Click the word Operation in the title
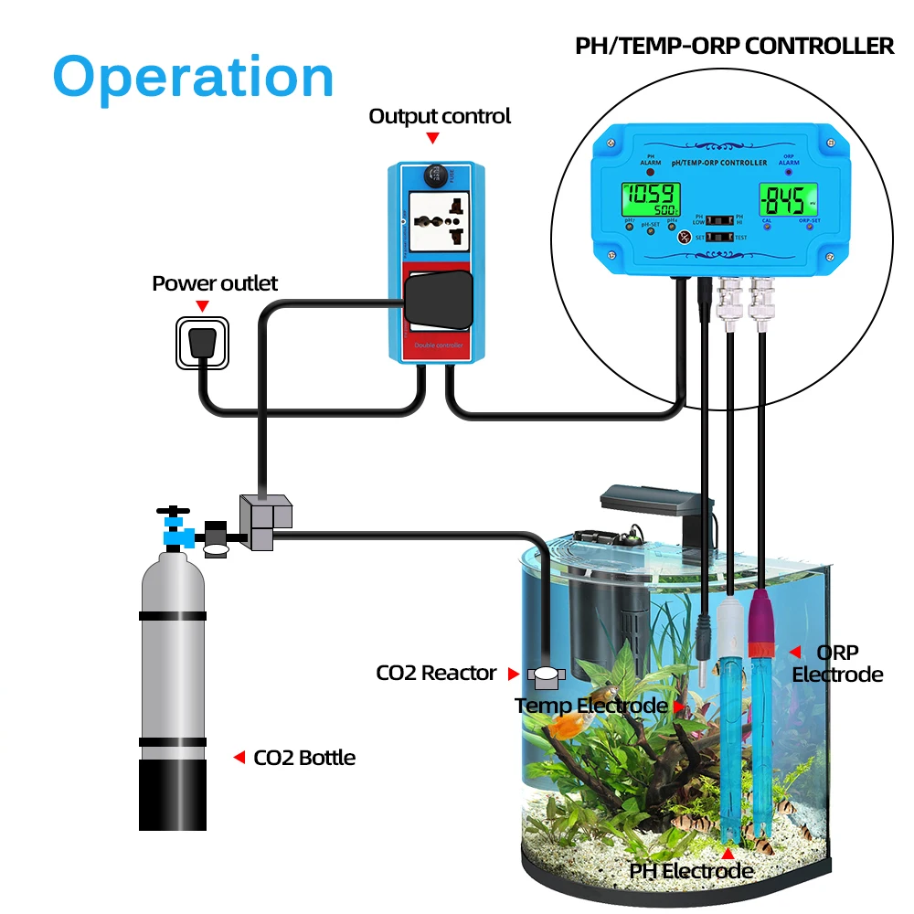pos(193,78)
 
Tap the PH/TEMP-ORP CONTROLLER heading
pos(734,46)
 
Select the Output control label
pos(440,116)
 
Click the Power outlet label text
pos(215,283)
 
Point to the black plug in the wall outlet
pos(202,344)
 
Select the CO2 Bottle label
pos(304,757)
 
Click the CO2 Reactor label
pos(436,674)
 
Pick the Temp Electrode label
pos(590,706)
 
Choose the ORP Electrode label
pos(837,664)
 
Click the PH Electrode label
pos(691,870)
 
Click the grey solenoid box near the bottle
pos(265,522)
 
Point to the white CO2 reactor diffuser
pos(547,676)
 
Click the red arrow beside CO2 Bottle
pos(239,757)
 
